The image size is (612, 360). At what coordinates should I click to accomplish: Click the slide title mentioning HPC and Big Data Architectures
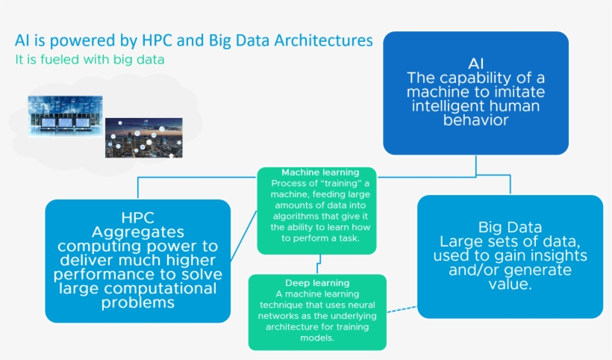pos(193,40)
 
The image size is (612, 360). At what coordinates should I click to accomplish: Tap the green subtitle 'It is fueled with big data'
pos(90,59)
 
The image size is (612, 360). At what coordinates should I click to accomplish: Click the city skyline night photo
pos(143,136)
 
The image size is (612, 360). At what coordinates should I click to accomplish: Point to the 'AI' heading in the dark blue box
pos(475,63)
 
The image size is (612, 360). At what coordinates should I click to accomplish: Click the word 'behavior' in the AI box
pos(475,120)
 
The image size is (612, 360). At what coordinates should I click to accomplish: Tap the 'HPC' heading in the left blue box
pos(137,218)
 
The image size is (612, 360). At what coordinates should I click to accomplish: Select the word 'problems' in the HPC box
pos(137,302)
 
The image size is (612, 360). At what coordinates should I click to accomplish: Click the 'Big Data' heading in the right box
pos(510,227)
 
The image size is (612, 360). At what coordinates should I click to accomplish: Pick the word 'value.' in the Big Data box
pos(510,285)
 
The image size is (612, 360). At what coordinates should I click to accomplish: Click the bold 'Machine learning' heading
pos(316,173)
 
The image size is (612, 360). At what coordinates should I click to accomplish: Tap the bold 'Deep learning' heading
pos(317,283)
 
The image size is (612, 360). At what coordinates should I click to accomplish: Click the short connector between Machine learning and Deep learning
pos(320,264)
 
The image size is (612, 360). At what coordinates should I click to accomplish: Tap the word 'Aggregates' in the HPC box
pos(137,232)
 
